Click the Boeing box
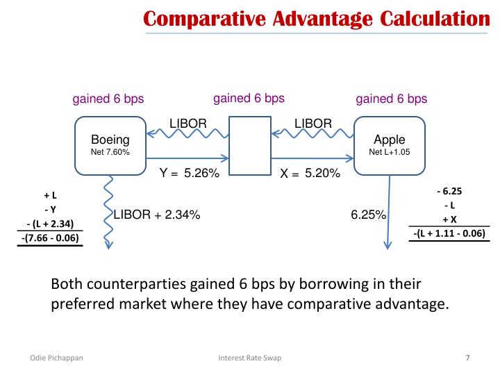pyautogui.click(x=110, y=145)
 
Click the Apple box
pyautogui.click(x=389, y=145)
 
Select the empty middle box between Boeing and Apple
pyautogui.click(x=249, y=145)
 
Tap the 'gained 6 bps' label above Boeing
pyautogui.click(x=108, y=99)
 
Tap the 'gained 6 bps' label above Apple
pyautogui.click(x=392, y=99)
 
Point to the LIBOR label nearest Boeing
pyautogui.click(x=188, y=124)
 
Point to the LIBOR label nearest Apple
pyautogui.click(x=313, y=124)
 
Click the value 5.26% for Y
pyautogui.click(x=201, y=174)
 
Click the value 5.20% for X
pyautogui.click(x=322, y=174)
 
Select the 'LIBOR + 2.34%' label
pyautogui.click(x=157, y=215)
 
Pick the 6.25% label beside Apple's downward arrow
pyautogui.click(x=368, y=215)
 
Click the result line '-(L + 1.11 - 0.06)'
pyautogui.click(x=449, y=233)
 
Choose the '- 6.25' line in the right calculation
pyautogui.click(x=449, y=190)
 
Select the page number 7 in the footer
pyautogui.click(x=467, y=358)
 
